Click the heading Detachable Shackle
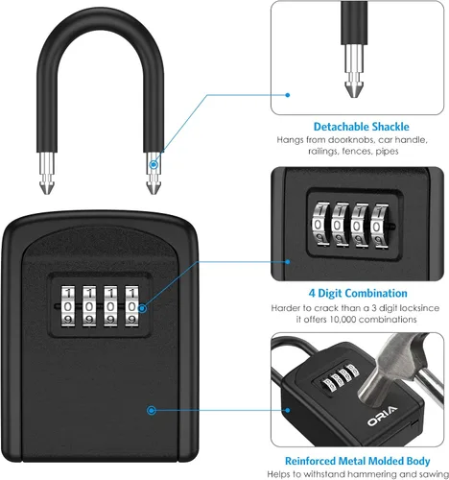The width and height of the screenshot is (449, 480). (x=361, y=127)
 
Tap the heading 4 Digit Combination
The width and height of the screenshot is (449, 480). (x=358, y=293)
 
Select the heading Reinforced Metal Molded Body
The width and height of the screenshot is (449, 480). (x=357, y=461)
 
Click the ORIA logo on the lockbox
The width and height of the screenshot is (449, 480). (x=382, y=416)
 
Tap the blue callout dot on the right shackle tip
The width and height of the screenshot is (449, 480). (x=154, y=165)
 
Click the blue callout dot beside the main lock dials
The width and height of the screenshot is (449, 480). (x=143, y=308)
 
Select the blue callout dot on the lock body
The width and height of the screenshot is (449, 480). (x=152, y=410)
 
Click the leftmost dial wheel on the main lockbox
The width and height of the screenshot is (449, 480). (x=68, y=306)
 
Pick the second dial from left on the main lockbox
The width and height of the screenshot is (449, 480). (x=89, y=306)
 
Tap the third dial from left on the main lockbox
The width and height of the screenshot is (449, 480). (x=110, y=306)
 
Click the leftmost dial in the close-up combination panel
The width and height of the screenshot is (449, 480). (x=320, y=224)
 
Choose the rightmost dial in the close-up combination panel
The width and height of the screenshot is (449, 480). (x=379, y=226)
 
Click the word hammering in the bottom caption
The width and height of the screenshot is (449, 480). (x=368, y=474)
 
